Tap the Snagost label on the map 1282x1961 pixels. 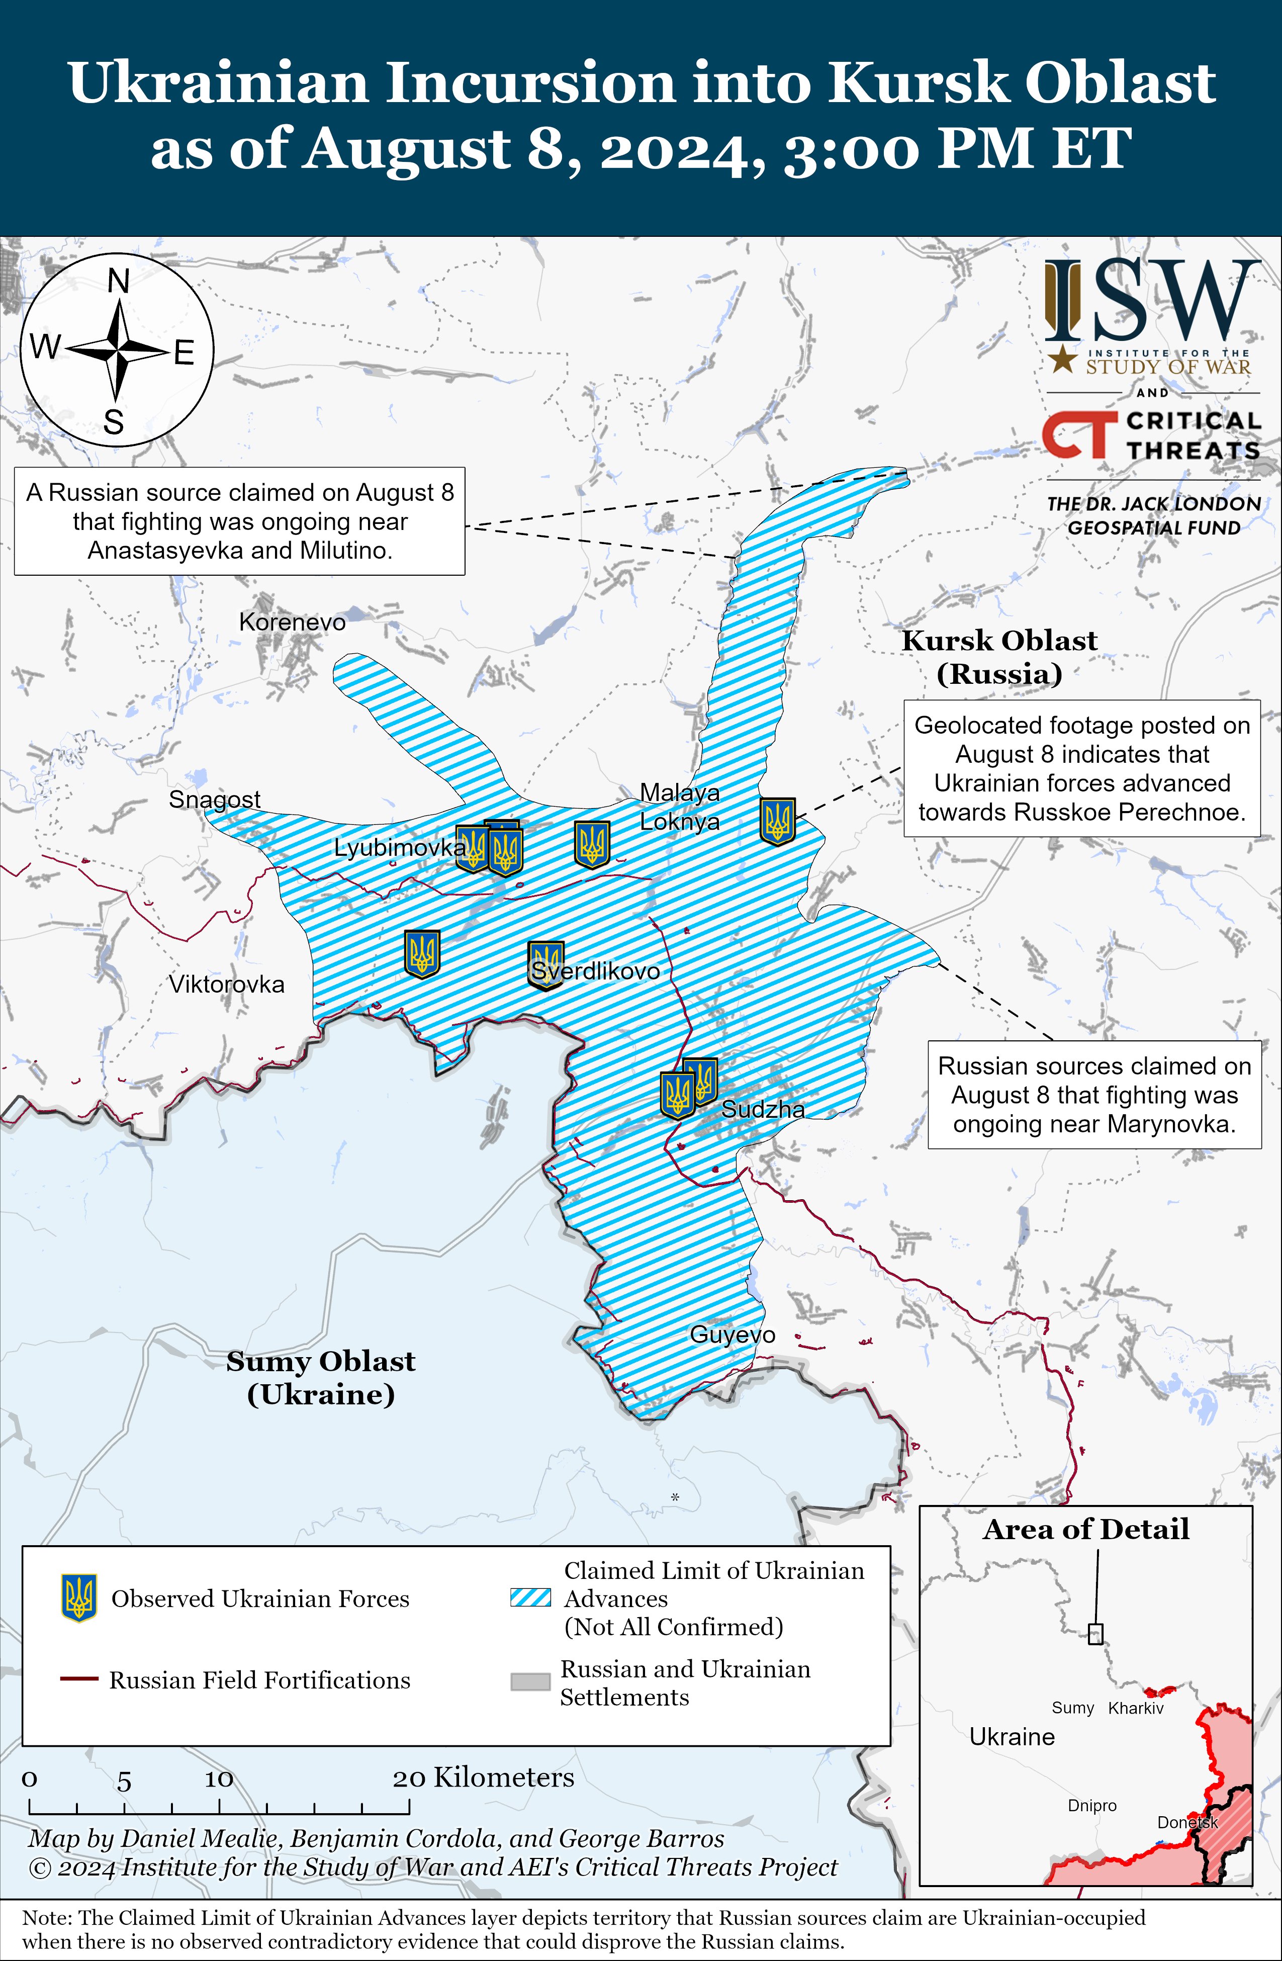pos(214,799)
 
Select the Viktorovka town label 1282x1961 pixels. pos(227,984)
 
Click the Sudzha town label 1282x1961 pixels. pos(763,1109)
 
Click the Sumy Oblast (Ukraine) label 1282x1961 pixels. pos(321,1378)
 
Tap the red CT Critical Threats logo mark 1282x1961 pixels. pos(1075,434)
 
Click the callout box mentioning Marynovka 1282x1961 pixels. pos(1094,1094)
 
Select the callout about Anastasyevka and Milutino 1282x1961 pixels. pos(240,521)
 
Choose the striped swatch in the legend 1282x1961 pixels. pos(530,1597)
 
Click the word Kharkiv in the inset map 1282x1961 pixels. pos(1135,1708)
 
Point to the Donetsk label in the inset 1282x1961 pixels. pos(1186,1822)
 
